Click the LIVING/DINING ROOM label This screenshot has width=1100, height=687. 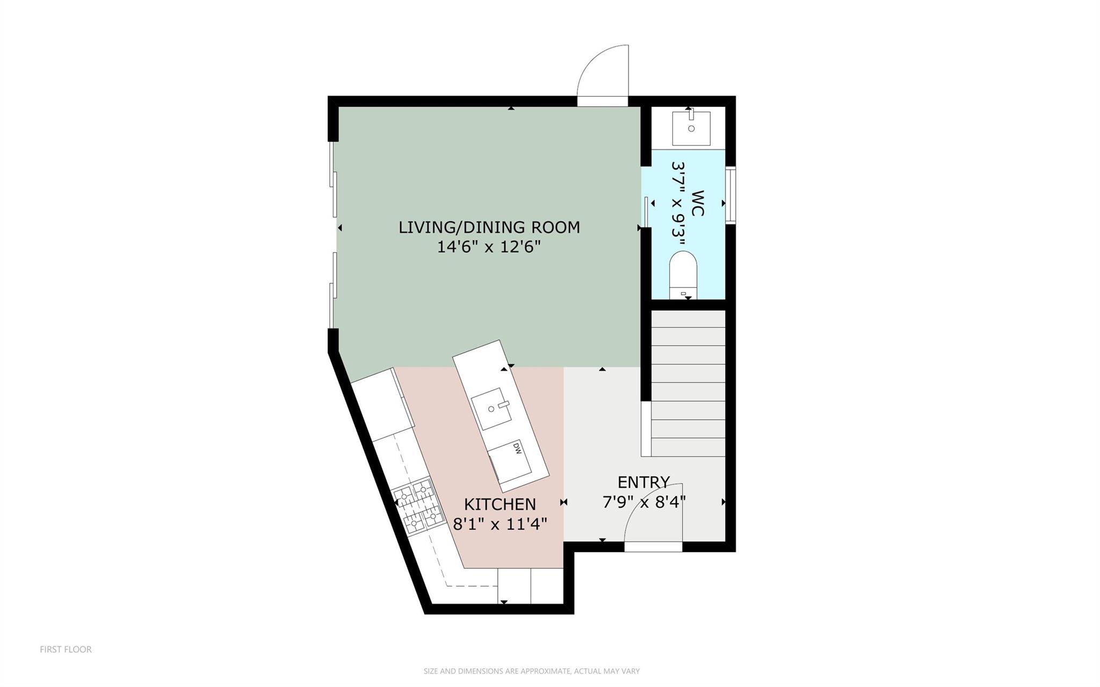click(489, 227)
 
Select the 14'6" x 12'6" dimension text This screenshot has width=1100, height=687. click(489, 247)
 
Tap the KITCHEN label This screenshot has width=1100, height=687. click(500, 504)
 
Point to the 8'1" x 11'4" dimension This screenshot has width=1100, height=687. click(500, 524)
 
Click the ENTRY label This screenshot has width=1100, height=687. click(643, 482)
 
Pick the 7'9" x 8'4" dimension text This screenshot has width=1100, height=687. click(643, 502)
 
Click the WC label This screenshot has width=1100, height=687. click(697, 203)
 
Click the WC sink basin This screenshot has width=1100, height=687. click(691, 128)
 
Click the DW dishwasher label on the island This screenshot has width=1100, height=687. click(517, 447)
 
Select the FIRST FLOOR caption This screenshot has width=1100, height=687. click(66, 649)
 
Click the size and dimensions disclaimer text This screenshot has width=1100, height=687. click(531, 671)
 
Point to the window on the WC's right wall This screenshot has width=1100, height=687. click(730, 196)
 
